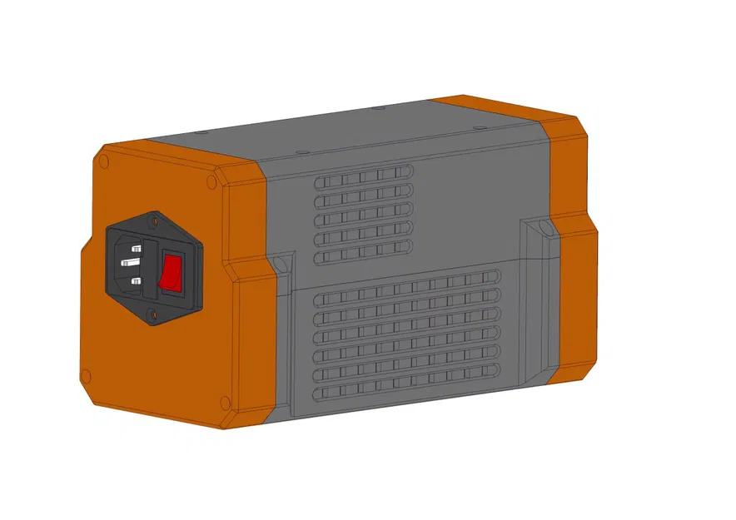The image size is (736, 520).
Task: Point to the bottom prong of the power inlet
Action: (134, 282)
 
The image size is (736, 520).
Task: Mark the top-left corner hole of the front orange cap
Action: (106, 156)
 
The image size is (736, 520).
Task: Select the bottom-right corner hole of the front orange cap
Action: (222, 404)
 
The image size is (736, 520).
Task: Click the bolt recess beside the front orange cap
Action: (281, 265)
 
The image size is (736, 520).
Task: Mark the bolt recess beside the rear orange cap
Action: (543, 227)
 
